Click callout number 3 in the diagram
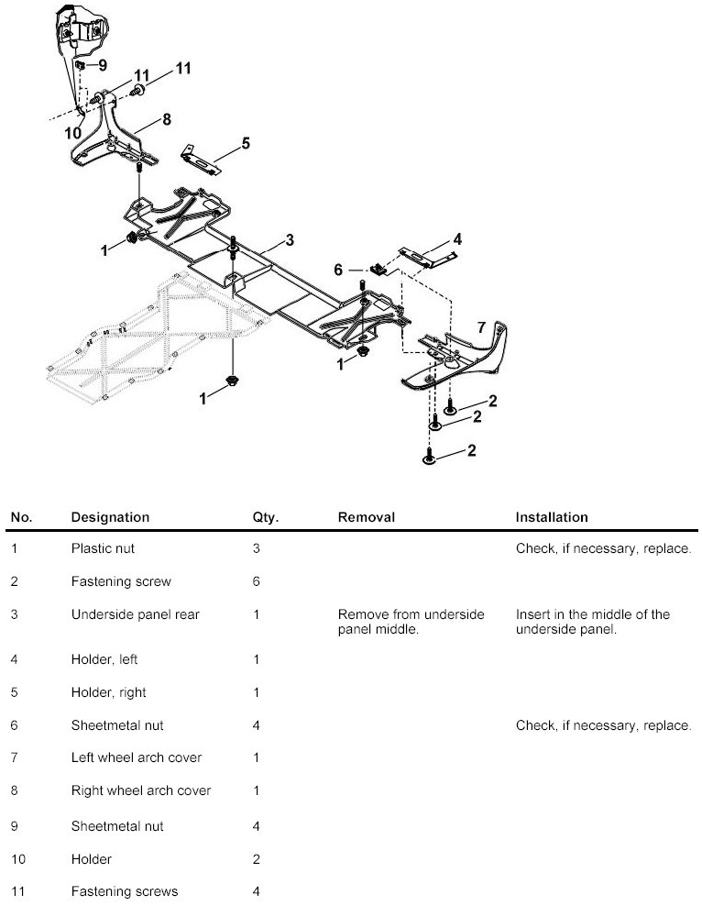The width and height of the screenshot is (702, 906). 289,240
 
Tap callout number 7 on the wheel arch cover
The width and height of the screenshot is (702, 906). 481,327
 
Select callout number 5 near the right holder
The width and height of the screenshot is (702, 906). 246,143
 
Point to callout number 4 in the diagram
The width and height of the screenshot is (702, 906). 457,239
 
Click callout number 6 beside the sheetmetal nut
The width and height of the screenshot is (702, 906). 338,270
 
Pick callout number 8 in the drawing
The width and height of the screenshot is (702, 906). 167,118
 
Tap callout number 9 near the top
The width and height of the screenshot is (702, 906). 103,65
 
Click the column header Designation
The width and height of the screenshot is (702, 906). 110,517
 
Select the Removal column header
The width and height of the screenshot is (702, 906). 367,517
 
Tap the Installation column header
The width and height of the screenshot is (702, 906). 552,517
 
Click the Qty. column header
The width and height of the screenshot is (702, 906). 266,517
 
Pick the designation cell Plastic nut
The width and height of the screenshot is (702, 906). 106,548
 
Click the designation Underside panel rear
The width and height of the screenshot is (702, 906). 135,614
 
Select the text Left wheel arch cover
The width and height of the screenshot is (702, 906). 137,757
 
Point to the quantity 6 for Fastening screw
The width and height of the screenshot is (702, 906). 257,581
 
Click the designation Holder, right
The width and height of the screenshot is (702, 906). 109,691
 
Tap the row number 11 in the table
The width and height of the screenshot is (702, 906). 16,891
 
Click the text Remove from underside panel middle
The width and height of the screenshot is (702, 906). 411,622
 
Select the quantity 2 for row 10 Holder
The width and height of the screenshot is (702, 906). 257,859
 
